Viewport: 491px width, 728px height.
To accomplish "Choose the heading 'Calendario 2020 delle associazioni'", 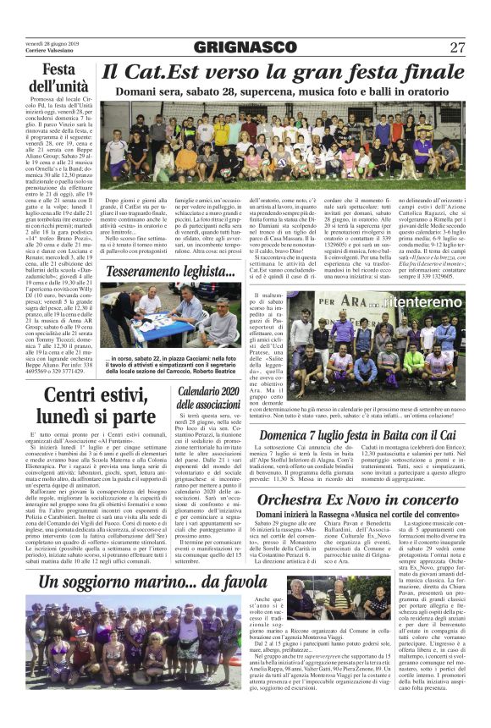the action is pyautogui.click(x=209, y=396).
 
